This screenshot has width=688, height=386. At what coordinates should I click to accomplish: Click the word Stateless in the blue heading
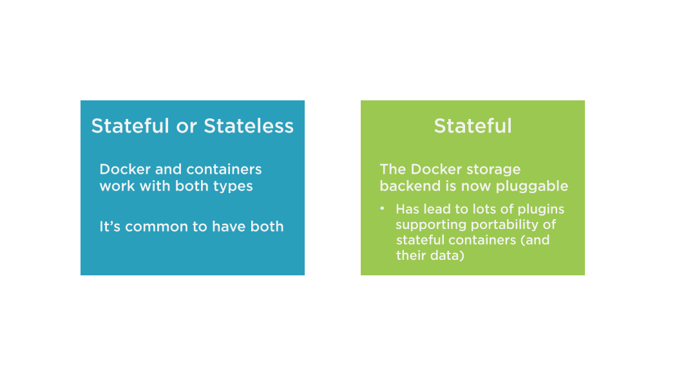(x=249, y=126)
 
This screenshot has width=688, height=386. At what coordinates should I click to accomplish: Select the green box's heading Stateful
(x=473, y=126)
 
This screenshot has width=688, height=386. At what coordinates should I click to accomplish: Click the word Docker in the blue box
(x=125, y=169)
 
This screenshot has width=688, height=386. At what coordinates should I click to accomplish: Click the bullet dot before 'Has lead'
(x=382, y=208)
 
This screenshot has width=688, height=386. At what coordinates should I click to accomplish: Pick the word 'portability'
(x=506, y=225)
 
